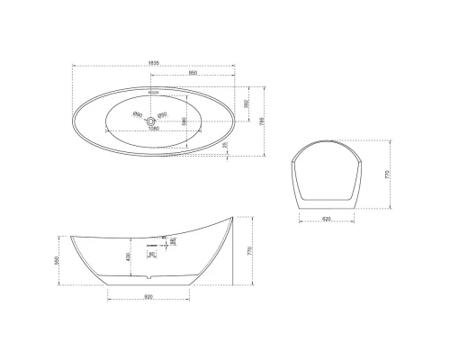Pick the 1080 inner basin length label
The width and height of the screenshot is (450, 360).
(x=154, y=128)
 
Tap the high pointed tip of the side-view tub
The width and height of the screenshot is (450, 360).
(x=235, y=216)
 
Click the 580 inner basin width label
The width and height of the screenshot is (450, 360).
(x=184, y=121)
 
